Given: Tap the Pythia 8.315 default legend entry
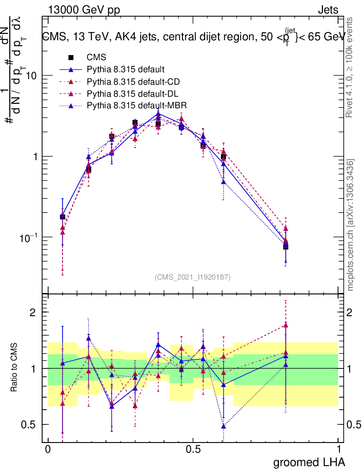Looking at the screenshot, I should tap(126, 69).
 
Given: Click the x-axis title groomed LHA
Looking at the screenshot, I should tap(309, 462).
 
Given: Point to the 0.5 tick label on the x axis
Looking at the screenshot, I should tap(193, 449).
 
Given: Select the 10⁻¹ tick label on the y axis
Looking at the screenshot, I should tap(28, 237).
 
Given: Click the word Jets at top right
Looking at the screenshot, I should tap(327, 10).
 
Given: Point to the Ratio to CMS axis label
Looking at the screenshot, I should tap(15, 368).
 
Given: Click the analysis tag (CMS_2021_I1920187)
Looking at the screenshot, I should tap(193, 277).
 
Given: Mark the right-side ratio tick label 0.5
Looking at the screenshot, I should tap(354, 424).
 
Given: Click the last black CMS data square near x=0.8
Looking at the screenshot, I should tap(286, 246).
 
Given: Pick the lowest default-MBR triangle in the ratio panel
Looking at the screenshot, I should tap(224, 426).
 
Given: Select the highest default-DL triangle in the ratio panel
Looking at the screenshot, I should tap(286, 325).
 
